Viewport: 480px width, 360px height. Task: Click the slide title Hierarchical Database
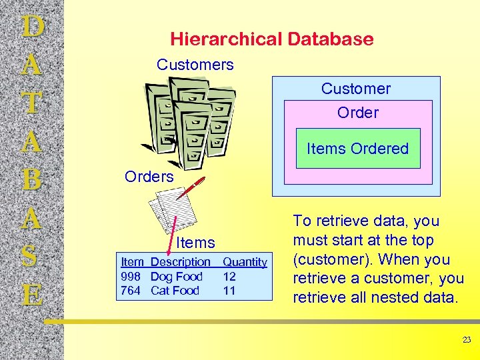[271, 39]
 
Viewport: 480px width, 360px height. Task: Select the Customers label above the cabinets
[195, 65]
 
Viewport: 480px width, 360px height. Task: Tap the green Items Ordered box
[357, 149]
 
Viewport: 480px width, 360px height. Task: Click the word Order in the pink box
[357, 113]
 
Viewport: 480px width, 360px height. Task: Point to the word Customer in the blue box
[356, 89]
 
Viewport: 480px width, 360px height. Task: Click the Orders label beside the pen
[149, 177]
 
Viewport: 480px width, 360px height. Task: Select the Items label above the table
[196, 243]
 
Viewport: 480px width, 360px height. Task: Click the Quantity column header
[245, 263]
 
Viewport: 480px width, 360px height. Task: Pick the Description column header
[180, 263]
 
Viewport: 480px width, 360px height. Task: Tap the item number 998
[131, 277]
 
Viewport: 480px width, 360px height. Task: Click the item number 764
[131, 291]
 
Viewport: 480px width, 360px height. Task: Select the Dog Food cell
[176, 277]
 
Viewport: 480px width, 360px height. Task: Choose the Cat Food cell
[175, 291]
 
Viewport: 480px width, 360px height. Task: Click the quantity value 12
[229, 277]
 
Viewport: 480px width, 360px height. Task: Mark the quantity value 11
[229, 291]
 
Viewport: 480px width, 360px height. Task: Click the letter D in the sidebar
[33, 27]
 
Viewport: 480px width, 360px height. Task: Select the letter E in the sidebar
[33, 294]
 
